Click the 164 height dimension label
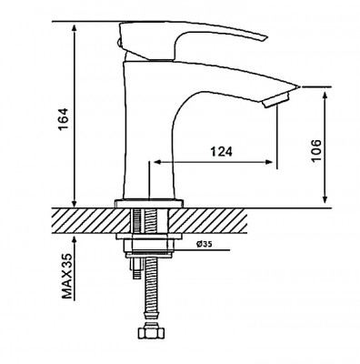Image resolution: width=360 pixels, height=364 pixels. coord(65,119)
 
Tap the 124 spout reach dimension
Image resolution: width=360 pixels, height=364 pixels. coord(222,151)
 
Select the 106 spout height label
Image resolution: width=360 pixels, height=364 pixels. coord(315,151)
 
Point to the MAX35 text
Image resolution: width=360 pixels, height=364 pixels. coord(67,276)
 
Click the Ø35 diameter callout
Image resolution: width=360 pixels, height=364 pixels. coord(204,245)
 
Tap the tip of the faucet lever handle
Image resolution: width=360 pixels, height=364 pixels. coord(266,38)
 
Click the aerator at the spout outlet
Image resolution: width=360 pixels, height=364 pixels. coord(276,100)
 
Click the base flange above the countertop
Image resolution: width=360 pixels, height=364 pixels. coord(149,203)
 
